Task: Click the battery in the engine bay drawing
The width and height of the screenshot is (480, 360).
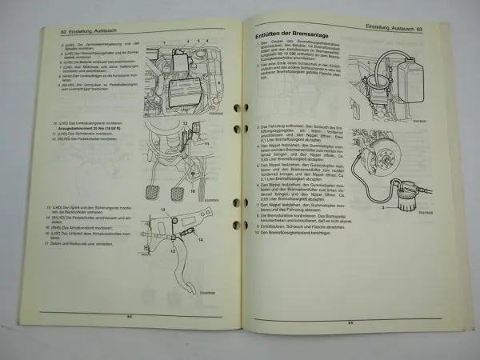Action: [x=186, y=88]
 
